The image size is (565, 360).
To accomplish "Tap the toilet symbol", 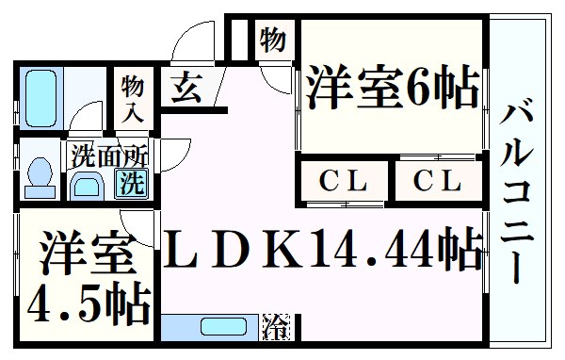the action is pos(39,174).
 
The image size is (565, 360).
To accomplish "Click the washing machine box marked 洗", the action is pos(131,183).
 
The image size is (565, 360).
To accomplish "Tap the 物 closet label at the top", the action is pos(272,41).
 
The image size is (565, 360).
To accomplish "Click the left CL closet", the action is pos(343,179).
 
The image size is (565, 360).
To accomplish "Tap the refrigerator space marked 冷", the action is pos(276,327).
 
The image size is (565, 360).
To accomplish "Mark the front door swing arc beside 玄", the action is pos(188,42).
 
